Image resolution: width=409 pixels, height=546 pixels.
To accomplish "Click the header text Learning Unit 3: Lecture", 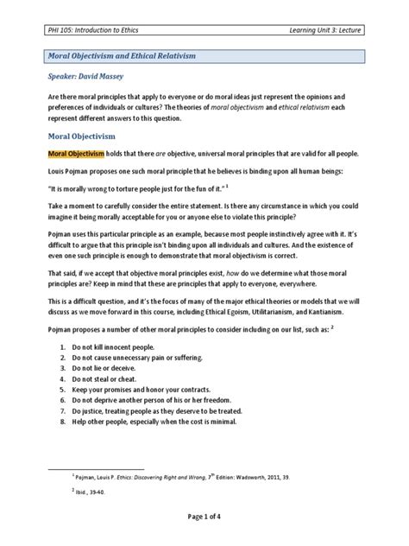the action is pyautogui.click(x=331, y=32).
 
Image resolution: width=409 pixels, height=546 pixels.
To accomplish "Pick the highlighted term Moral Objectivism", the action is pyautogui.click(x=75, y=153).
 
